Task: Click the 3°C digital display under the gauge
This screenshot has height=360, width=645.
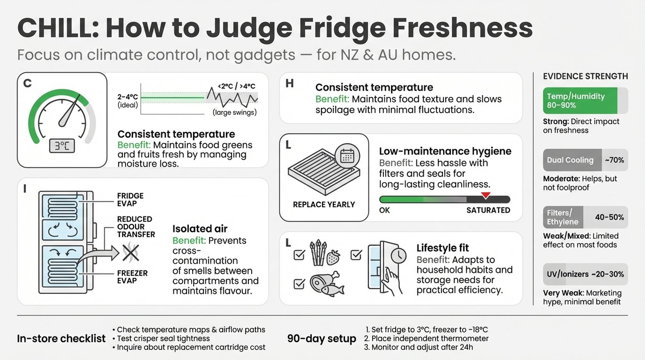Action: coord(62,146)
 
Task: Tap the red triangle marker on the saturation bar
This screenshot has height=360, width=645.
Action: coord(486,195)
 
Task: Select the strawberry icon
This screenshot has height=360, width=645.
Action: coord(333,257)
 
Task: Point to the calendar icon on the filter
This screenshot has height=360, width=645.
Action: coord(347,156)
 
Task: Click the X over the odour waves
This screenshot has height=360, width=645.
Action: coord(131,253)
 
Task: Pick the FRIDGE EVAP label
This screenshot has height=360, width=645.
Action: coord(130,199)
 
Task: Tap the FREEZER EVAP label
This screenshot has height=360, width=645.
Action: coord(132,277)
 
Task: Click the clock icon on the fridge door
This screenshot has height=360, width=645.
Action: coord(399,256)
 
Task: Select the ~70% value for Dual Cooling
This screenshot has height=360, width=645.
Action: coord(614,160)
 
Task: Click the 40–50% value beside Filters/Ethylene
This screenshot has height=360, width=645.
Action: coord(609,217)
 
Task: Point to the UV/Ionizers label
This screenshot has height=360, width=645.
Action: coord(568,274)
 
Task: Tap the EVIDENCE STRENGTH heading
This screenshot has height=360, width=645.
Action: coord(586,77)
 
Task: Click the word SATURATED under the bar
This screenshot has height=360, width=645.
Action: coord(488,210)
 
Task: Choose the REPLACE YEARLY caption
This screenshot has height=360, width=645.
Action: coord(324,205)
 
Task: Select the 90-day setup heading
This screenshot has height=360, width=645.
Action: coord(322,338)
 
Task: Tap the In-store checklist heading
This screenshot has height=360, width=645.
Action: coord(61,339)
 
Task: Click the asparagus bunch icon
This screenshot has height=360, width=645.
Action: coord(318,252)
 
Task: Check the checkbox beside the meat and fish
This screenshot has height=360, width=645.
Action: coord(299,284)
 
